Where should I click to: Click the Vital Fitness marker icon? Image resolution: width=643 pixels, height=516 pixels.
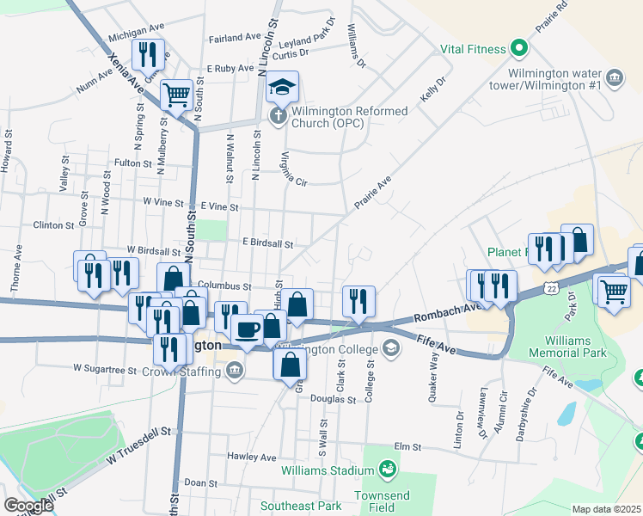point(519,48)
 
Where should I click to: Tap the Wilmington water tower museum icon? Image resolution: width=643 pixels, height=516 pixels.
point(614,78)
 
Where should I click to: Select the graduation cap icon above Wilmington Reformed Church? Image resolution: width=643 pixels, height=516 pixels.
point(281,86)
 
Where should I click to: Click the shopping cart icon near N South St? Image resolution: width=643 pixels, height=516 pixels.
point(177,95)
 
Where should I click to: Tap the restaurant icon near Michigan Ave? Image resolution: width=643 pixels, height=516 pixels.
point(148,55)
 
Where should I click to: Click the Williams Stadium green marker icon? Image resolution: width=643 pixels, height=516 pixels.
point(388,470)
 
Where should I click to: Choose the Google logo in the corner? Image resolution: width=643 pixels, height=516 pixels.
point(29,506)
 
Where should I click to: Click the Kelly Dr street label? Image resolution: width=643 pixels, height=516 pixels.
point(433,91)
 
